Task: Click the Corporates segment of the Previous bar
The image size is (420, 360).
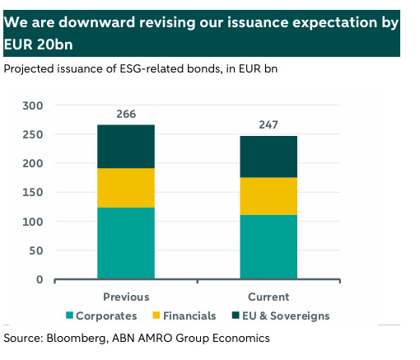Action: click(126, 243)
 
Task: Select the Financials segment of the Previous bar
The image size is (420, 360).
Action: click(126, 188)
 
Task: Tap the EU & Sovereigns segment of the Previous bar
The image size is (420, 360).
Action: click(126, 147)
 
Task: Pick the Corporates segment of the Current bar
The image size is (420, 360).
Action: click(268, 247)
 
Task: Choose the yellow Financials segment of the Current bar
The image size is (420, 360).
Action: click(268, 196)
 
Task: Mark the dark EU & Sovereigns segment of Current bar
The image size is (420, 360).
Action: click(268, 157)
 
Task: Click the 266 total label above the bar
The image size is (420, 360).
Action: click(126, 114)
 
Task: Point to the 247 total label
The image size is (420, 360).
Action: click(268, 125)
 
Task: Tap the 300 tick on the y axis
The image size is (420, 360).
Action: click(33, 105)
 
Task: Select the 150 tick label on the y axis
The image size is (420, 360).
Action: click(33, 192)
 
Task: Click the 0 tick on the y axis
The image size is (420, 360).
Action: click(40, 279)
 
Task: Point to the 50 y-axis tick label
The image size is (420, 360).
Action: click(36, 250)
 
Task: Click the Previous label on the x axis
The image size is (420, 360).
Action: click(126, 297)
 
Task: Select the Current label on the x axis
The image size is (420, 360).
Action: click(268, 297)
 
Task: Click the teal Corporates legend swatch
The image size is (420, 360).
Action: click(69, 316)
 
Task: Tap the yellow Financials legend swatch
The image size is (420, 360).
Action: click(156, 316)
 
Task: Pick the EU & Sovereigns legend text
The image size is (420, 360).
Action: click(286, 316)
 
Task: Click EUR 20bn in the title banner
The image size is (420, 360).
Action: click(38, 44)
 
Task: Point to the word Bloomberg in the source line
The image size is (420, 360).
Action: click(77, 339)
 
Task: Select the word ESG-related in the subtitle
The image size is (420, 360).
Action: click(152, 68)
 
